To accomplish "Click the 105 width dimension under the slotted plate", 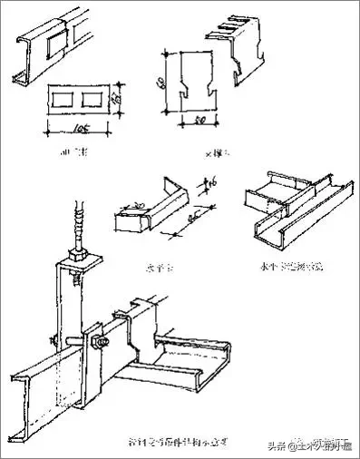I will click(81, 124).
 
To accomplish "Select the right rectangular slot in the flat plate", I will click(94, 96).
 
